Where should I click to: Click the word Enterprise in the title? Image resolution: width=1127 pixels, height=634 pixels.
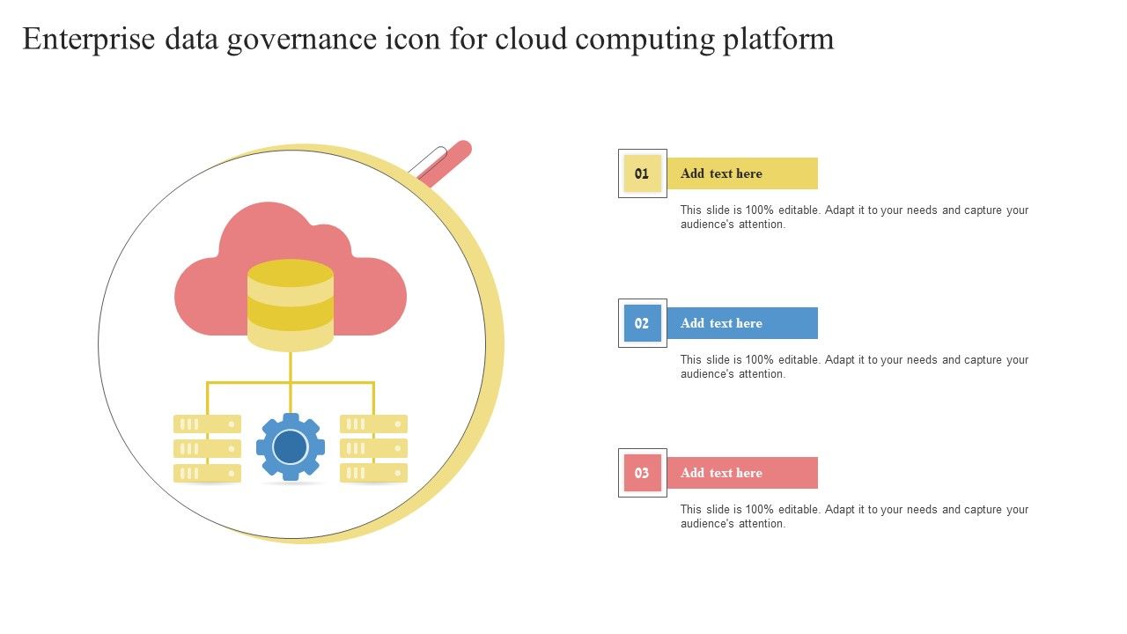89,40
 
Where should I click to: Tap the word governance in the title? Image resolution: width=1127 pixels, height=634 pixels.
301,41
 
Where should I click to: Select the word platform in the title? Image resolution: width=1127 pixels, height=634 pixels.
778,40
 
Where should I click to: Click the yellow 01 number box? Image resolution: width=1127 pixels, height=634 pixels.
643,173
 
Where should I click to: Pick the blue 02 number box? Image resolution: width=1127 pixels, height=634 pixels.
643,323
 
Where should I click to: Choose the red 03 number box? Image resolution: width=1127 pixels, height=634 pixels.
643,473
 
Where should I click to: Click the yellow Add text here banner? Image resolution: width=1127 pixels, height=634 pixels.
742,173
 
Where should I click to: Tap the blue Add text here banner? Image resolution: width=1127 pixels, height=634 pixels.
742,323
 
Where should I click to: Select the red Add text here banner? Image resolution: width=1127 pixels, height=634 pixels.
742,473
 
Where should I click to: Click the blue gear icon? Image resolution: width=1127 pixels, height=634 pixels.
291,446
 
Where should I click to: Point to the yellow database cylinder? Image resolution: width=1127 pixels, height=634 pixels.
291,305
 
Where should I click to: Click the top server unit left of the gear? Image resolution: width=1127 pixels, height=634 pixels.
207,424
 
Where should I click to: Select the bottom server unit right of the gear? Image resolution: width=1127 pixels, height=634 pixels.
374,473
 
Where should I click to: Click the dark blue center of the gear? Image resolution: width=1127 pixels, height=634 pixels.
291,446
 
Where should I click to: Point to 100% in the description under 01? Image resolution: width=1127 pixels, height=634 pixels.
759,210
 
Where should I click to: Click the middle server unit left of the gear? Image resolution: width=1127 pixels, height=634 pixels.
207,448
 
